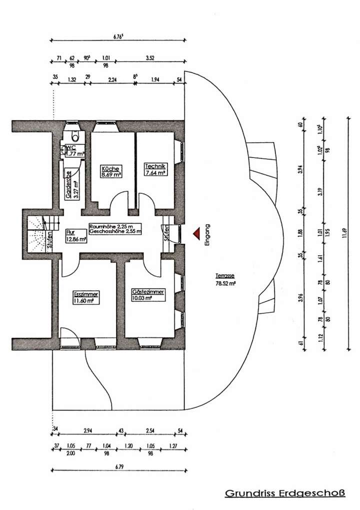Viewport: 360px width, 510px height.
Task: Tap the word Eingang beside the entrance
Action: coord(207,233)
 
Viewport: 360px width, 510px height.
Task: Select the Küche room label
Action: coord(110,168)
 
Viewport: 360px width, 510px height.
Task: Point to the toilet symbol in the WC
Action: coord(75,136)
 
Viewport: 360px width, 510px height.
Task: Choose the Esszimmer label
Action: coord(85,295)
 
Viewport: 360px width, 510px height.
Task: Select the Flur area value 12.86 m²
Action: coord(76,239)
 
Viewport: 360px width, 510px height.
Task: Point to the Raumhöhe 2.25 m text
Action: coord(114,226)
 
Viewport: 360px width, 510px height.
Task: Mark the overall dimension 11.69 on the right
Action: coord(344,234)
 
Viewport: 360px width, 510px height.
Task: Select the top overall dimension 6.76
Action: coord(119,36)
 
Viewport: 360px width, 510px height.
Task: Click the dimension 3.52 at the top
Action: coord(149,58)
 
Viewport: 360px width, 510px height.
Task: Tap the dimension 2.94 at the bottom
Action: coord(88,430)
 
